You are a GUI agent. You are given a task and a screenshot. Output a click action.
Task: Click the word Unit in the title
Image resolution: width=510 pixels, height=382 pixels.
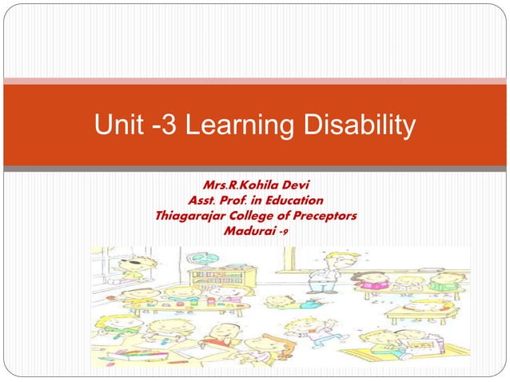pos(117,126)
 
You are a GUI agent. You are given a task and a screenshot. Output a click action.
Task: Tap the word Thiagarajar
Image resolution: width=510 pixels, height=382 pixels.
pos(189,216)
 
